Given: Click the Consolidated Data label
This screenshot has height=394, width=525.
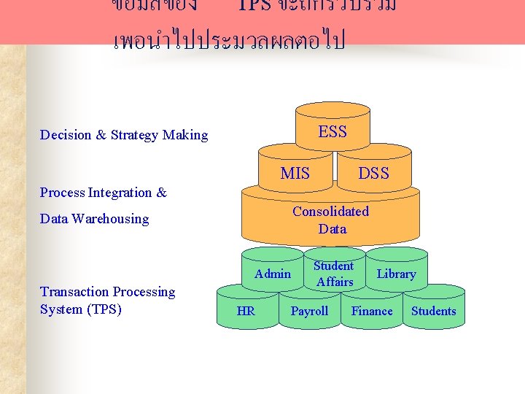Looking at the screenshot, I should coord(331,220).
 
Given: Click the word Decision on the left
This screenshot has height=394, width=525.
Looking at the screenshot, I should coord(66,135).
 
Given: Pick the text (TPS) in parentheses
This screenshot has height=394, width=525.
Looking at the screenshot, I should coord(104,309).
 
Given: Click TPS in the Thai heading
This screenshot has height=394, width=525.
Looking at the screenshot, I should coord(254,6).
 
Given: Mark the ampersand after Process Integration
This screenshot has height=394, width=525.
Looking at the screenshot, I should coord(161,193).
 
